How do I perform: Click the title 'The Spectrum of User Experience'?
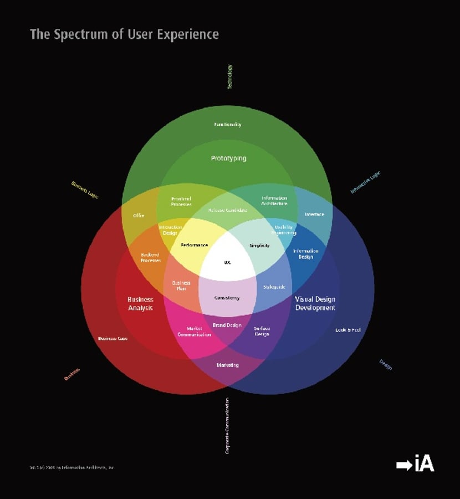click(x=124, y=34)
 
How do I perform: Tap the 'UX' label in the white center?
click(x=227, y=262)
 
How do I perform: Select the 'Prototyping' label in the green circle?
click(x=228, y=159)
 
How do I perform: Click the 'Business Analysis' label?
click(x=140, y=303)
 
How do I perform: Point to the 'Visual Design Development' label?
click(x=315, y=303)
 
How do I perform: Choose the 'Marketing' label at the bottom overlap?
click(x=227, y=365)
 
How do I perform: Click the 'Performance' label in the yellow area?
click(x=194, y=245)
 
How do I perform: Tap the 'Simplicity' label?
click(x=259, y=246)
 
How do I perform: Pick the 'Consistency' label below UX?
click(x=227, y=298)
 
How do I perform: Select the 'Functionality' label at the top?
click(x=228, y=124)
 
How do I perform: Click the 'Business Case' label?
click(x=113, y=338)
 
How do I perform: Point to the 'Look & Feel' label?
click(x=348, y=330)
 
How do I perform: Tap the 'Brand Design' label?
click(x=227, y=325)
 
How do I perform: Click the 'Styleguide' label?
click(x=274, y=287)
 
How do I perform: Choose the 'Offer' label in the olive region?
click(x=139, y=215)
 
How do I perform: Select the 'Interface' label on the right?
click(x=314, y=214)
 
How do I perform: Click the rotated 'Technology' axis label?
click(x=229, y=77)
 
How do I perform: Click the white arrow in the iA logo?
click(x=404, y=465)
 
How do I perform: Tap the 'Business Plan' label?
click(x=181, y=286)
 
